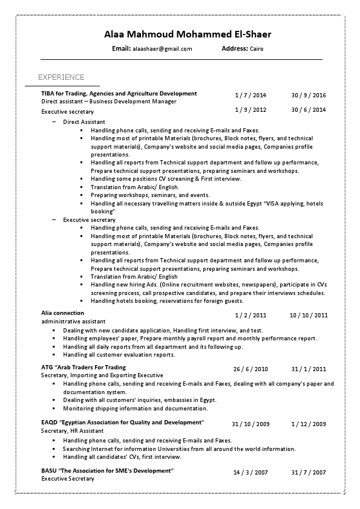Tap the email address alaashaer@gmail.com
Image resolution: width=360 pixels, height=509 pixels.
tap(162, 49)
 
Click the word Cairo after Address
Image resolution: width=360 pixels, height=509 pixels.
tap(257, 49)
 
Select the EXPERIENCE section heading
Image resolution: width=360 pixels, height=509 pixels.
tap(61, 77)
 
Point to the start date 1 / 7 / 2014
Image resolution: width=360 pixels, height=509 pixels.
tap(250, 96)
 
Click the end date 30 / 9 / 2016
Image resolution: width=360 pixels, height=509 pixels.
tap(308, 96)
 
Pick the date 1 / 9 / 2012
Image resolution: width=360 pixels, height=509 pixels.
tap(250, 110)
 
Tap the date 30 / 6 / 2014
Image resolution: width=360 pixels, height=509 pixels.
tap(308, 110)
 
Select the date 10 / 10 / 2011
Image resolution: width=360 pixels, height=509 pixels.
tap(309, 315)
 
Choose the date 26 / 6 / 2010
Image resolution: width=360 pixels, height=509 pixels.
tap(250, 369)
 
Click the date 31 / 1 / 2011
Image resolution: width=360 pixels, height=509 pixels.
tap(309, 369)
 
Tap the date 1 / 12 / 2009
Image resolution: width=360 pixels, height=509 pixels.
tap(309, 424)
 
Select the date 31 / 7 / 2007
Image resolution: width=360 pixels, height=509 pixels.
tap(309, 473)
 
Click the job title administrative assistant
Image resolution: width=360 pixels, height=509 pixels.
tap(73, 322)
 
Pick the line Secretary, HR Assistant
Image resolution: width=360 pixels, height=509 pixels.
tap(72, 431)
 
